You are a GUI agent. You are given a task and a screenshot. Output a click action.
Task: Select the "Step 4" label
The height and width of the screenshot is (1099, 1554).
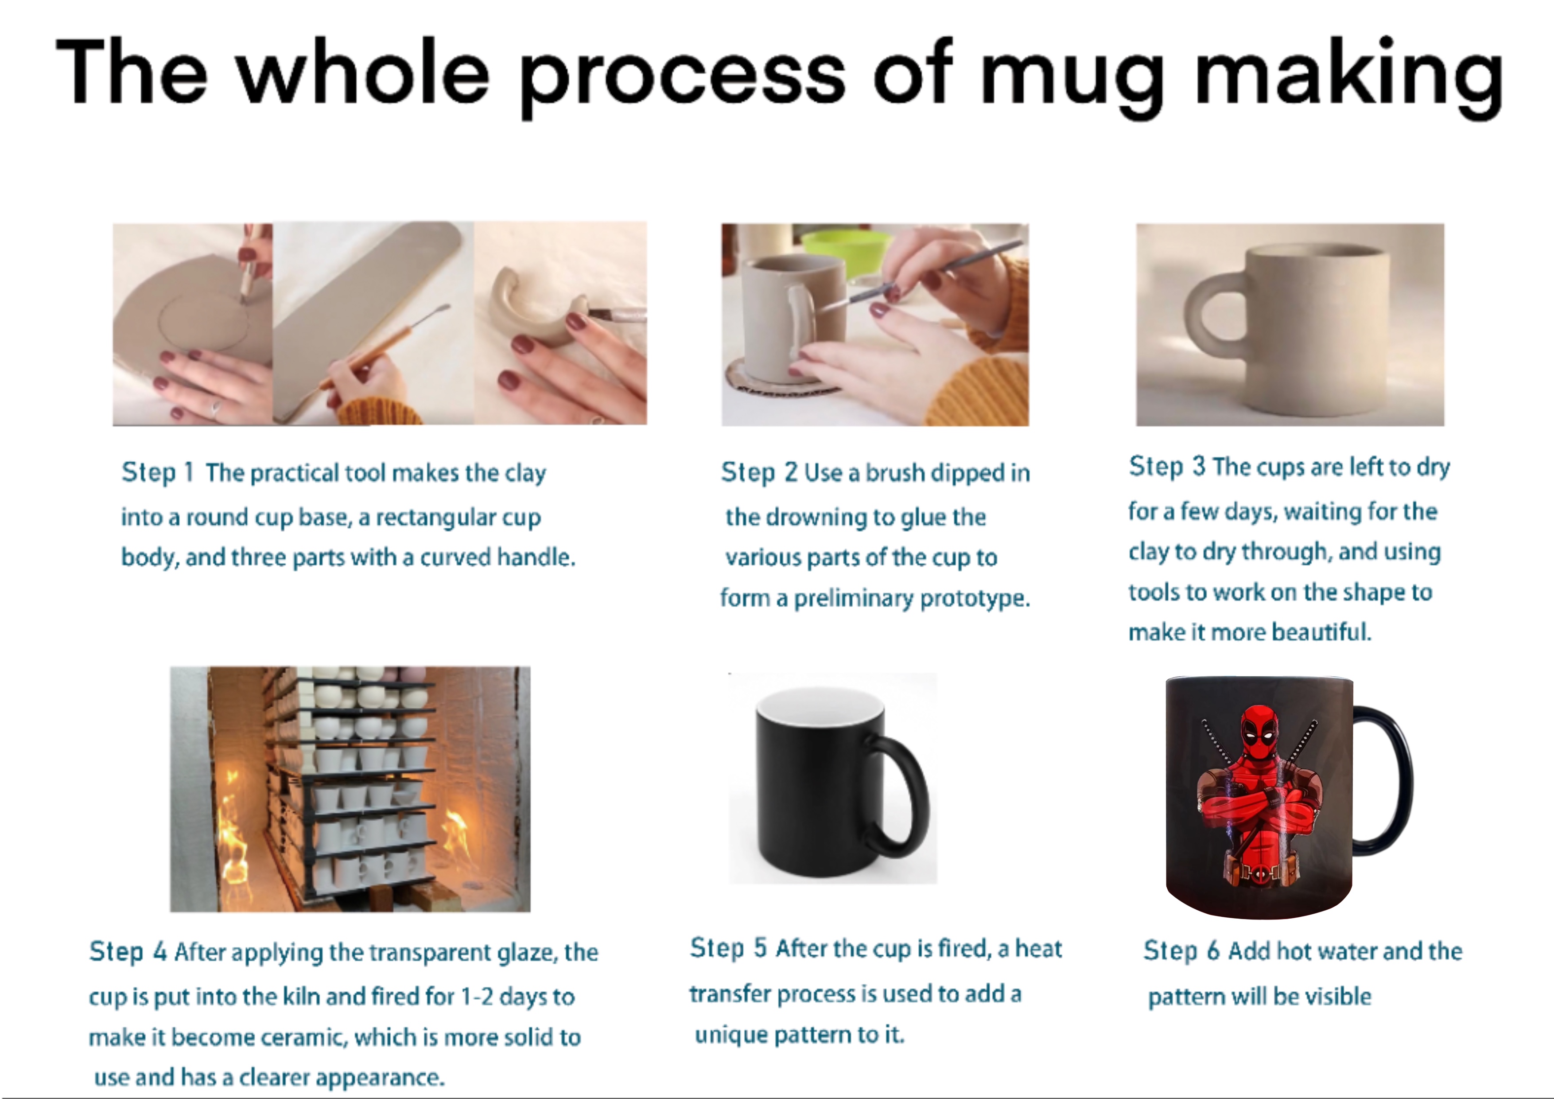coord(128,952)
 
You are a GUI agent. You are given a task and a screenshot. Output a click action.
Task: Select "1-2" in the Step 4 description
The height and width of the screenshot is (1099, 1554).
coord(477,997)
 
